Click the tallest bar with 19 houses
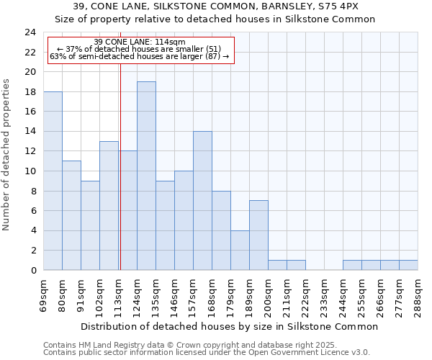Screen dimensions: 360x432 (x=146, y=176)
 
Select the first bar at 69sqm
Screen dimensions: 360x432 (x=53, y=181)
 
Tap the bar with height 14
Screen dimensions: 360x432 (x=202, y=201)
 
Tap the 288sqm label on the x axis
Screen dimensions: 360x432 (x=418, y=293)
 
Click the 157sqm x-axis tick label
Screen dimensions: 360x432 (x=194, y=293)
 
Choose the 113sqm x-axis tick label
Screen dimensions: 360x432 (x=119, y=293)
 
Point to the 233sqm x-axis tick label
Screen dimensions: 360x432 (x=325, y=293)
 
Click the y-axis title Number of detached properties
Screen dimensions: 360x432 (x=8, y=166)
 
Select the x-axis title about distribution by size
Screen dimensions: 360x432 (x=229, y=326)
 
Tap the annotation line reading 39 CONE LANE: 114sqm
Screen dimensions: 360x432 (x=140, y=42)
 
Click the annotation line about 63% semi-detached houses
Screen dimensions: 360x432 (x=140, y=56)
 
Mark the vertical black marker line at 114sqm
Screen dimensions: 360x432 (x=120, y=180)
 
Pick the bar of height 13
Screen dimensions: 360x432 (x=109, y=205)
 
